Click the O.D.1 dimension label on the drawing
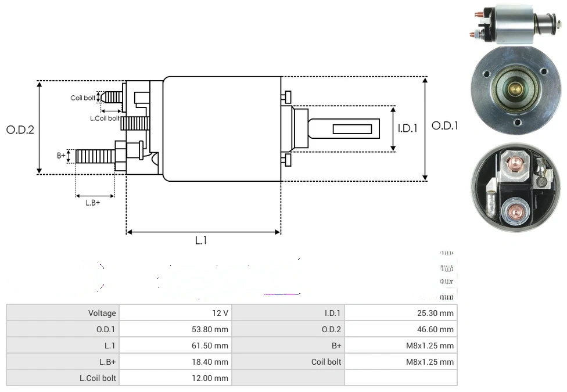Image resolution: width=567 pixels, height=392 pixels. pyautogui.click(x=445, y=125)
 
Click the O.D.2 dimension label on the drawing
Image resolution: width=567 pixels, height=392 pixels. pyautogui.click(x=20, y=130)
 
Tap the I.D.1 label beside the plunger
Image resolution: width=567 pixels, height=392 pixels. pyautogui.click(x=407, y=128)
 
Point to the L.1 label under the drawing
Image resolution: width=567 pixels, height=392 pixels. pyautogui.click(x=200, y=240)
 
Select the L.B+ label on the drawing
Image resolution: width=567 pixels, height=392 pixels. pyautogui.click(x=93, y=203)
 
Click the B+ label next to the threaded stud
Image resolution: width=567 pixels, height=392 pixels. pyautogui.click(x=61, y=155)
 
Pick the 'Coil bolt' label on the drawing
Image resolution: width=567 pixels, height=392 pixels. pyautogui.click(x=82, y=98)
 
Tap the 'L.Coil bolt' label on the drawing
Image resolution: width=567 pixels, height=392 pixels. pyautogui.click(x=105, y=118)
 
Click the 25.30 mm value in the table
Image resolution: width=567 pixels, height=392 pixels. pyautogui.click(x=435, y=313)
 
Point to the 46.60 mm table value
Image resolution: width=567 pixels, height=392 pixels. pyautogui.click(x=435, y=329)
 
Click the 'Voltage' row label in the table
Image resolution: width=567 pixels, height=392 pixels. pyautogui.click(x=102, y=313)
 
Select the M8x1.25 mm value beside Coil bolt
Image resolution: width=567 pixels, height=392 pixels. pyautogui.click(x=429, y=362)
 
